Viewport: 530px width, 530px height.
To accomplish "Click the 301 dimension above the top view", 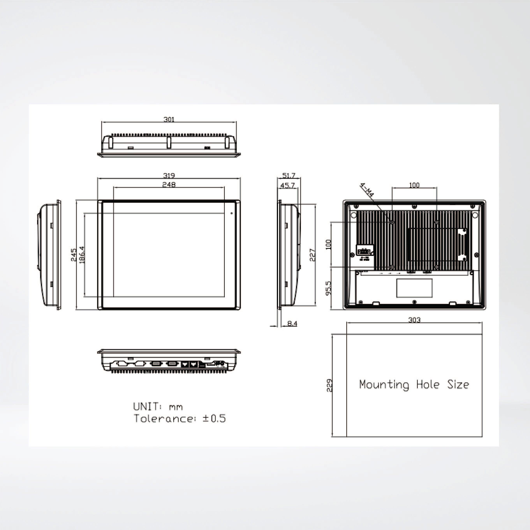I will point(169,119).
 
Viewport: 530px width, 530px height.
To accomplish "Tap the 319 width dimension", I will point(169,175).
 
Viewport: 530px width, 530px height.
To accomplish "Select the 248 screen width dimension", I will point(169,185).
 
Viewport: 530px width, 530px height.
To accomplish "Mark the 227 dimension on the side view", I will point(313,255).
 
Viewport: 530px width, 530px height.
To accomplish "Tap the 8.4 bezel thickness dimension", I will point(292,324).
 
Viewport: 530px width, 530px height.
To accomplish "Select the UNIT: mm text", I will point(158,406).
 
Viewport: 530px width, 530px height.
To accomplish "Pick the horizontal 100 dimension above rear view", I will point(414,185).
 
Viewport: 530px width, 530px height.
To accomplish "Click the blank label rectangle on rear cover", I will point(414,288).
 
